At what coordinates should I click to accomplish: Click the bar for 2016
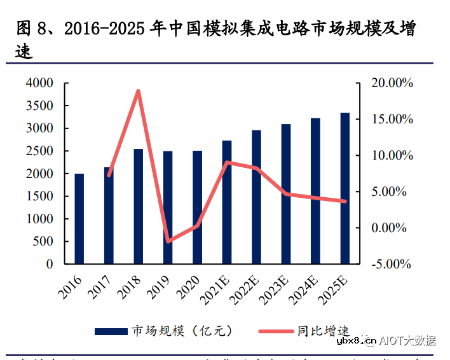tap(79, 219)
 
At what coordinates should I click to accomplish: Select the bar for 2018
tap(139, 207)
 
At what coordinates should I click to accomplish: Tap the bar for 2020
tap(198, 207)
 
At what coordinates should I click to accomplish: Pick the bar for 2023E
tap(286, 194)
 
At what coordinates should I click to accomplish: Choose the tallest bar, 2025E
tap(345, 188)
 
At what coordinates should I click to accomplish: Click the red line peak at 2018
tap(138, 91)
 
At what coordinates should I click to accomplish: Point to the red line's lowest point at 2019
tap(168, 242)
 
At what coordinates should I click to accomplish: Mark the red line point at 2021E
tap(227, 162)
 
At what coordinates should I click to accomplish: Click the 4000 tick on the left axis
tap(40, 83)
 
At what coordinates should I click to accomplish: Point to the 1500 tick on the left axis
tap(40, 197)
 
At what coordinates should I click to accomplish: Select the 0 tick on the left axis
tap(50, 264)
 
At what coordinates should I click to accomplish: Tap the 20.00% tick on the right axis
tap(392, 83)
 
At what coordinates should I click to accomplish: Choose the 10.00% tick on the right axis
tap(392, 156)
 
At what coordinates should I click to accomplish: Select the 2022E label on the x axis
tap(249, 289)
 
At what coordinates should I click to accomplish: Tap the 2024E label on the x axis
tap(308, 289)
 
